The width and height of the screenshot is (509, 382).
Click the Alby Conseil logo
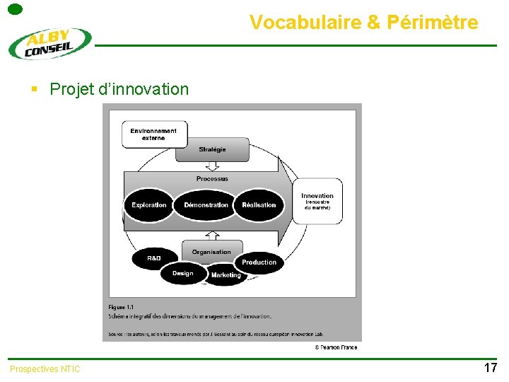click(x=49, y=43)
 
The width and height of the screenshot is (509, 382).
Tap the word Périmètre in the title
click(x=432, y=23)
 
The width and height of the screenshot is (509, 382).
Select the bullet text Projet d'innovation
click(x=119, y=89)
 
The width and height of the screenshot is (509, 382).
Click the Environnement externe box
click(x=154, y=134)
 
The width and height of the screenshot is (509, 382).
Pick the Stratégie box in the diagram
click(x=212, y=149)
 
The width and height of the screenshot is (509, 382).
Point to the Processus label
click(x=212, y=178)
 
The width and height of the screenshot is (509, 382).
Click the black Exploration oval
click(x=149, y=205)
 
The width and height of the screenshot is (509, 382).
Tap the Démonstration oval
click(x=206, y=205)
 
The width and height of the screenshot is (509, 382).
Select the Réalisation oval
click(x=259, y=205)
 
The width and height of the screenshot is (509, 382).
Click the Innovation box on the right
click(x=317, y=201)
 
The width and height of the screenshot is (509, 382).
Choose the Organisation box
click(x=211, y=251)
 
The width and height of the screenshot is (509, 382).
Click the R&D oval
click(x=154, y=258)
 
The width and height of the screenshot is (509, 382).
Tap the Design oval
click(x=182, y=273)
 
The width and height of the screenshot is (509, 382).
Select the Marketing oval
click(x=226, y=275)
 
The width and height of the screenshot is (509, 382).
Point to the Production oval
click(x=259, y=262)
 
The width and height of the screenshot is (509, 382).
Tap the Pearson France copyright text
click(x=336, y=347)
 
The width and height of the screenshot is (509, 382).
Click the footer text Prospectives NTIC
click(x=45, y=369)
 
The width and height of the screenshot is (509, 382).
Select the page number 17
click(x=490, y=368)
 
